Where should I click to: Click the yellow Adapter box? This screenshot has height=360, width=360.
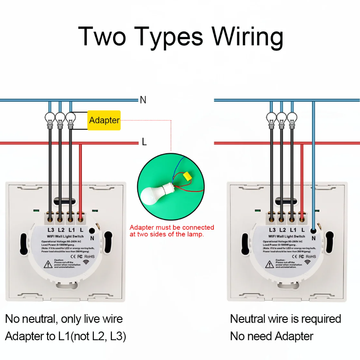click(x=104, y=120)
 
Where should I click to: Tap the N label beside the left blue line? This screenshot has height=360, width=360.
click(x=143, y=100)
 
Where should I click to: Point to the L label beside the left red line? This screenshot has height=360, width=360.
click(x=144, y=142)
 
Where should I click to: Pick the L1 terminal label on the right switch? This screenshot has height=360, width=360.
click(x=293, y=230)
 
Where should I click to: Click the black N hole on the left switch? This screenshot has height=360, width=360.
click(x=92, y=230)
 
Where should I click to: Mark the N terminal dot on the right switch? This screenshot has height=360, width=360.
click(x=313, y=230)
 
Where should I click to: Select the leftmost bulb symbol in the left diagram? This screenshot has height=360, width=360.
click(x=50, y=119)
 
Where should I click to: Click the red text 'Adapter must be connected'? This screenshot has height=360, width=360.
click(x=172, y=228)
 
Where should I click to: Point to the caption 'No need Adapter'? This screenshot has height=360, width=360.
click(x=272, y=336)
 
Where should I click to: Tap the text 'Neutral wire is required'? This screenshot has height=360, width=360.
click(x=286, y=319)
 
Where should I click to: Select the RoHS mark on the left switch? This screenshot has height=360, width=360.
click(x=89, y=256)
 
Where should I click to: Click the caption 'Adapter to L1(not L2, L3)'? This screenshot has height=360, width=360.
click(x=66, y=336)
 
